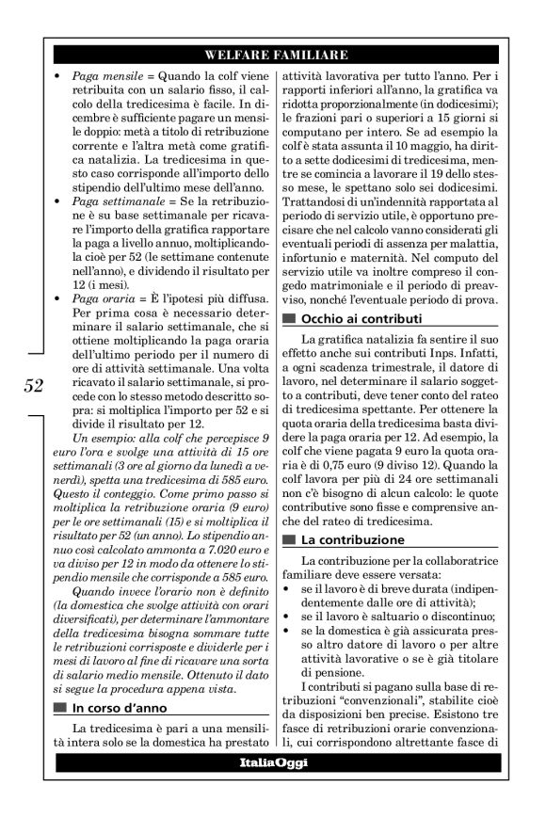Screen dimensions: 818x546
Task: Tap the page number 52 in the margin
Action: [33, 386]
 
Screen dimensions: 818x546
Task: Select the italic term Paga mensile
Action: [102, 74]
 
